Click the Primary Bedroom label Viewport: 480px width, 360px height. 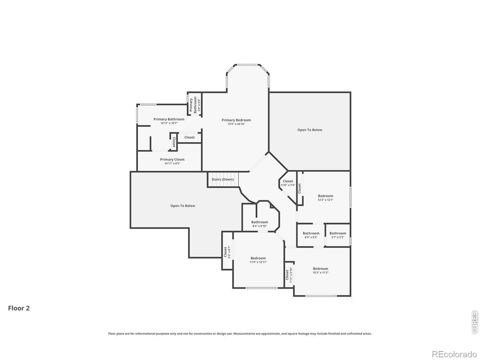click(236, 120)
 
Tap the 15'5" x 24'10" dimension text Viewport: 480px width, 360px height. click(236, 124)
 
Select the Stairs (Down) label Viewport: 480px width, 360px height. click(223, 179)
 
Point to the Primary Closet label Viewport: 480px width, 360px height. click(172, 159)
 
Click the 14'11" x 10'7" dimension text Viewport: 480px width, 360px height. click(169, 123)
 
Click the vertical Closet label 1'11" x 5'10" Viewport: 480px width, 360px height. click(289, 275)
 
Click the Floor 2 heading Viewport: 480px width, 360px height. click(19, 308)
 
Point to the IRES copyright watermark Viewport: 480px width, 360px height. click(474, 322)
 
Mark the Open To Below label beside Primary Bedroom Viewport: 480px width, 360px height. click(310, 130)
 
